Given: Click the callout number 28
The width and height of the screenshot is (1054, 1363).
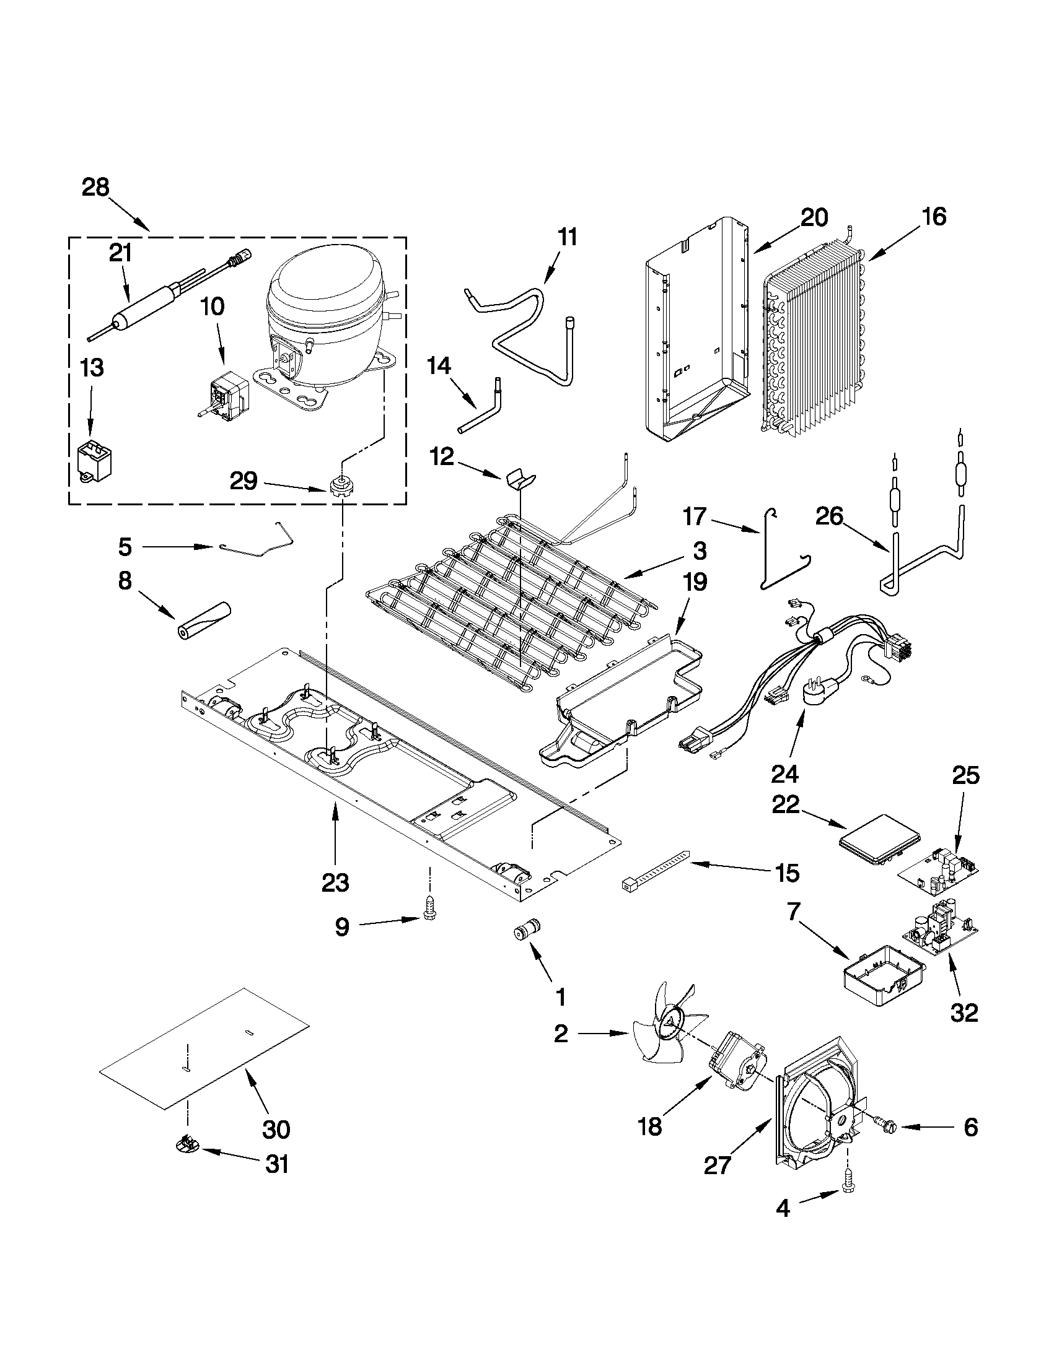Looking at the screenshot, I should (x=95, y=187).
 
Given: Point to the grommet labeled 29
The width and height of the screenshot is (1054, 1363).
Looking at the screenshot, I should (x=338, y=484).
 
